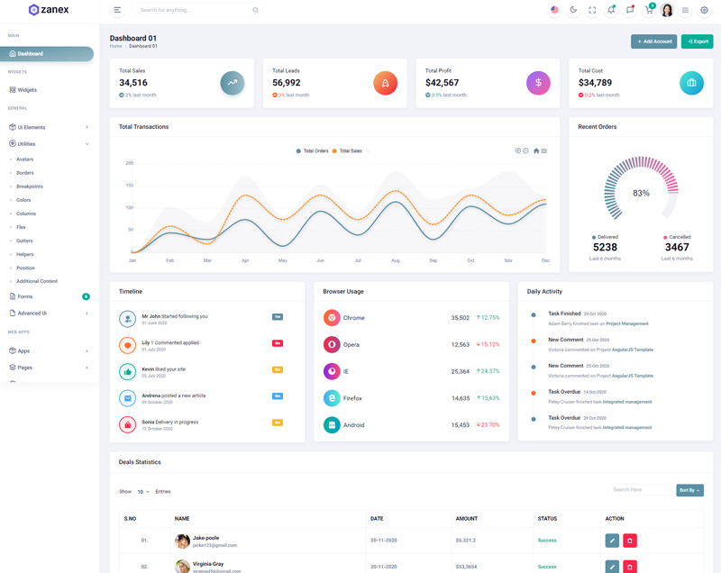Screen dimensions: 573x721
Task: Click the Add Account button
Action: [653, 41]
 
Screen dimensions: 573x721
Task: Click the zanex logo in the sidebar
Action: [49, 10]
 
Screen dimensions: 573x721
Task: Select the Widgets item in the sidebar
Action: [27, 90]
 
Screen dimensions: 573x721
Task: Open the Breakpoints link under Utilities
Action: [30, 186]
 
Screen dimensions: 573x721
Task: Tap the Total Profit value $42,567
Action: [442, 83]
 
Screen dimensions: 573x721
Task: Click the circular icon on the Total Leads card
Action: [385, 83]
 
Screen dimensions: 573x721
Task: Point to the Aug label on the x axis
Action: [395, 260]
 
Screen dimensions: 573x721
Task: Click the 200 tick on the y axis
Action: [130, 163]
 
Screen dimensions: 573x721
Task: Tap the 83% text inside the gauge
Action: [641, 194]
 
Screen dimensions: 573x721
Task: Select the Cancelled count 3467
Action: [677, 247]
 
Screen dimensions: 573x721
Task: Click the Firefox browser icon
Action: [332, 398]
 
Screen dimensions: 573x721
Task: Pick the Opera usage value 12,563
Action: [460, 345]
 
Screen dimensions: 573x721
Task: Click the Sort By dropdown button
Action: [689, 490]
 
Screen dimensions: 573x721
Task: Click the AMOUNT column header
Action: [467, 519]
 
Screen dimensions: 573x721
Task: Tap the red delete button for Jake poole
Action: [630, 541]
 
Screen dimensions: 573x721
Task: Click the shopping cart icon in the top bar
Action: [648, 10]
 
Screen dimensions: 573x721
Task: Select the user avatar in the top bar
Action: [667, 10]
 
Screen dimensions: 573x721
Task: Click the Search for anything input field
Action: [194, 10]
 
